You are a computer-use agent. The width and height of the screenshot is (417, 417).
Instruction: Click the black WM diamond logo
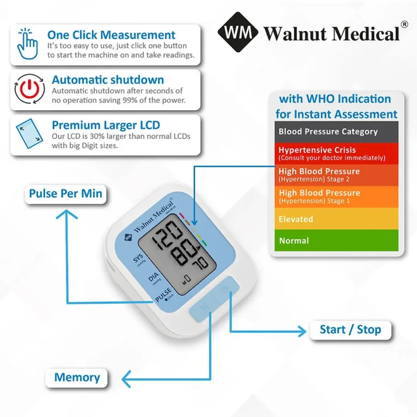point(238,32)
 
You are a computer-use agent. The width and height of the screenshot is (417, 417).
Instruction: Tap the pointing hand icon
point(27,44)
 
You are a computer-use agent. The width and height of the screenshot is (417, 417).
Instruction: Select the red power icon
point(29,89)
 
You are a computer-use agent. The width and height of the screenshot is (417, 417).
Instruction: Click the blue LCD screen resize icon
point(29,133)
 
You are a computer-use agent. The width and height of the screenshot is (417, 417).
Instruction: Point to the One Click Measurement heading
point(111,35)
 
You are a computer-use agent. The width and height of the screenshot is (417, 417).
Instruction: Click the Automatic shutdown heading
point(108,80)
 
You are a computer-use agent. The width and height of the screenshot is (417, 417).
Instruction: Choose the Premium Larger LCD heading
point(106,125)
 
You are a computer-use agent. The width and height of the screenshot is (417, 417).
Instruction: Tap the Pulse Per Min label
point(65,193)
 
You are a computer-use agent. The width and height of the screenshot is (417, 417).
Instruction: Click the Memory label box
point(77,377)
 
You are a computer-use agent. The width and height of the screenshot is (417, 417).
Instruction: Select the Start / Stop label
point(351,329)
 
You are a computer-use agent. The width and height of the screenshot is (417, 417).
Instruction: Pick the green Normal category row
point(336,241)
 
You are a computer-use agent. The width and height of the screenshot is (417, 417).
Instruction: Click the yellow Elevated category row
point(336,219)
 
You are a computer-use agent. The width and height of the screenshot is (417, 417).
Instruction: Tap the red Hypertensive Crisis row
point(336,153)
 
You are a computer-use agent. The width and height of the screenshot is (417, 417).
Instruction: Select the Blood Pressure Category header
point(336,132)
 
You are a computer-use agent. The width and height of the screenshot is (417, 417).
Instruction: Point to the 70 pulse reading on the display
point(200,264)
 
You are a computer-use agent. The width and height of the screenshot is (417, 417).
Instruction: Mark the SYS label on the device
point(138,258)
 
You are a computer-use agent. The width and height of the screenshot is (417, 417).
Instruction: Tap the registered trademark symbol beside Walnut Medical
point(404,24)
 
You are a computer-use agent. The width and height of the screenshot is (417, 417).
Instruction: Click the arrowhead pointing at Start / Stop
point(302,331)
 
